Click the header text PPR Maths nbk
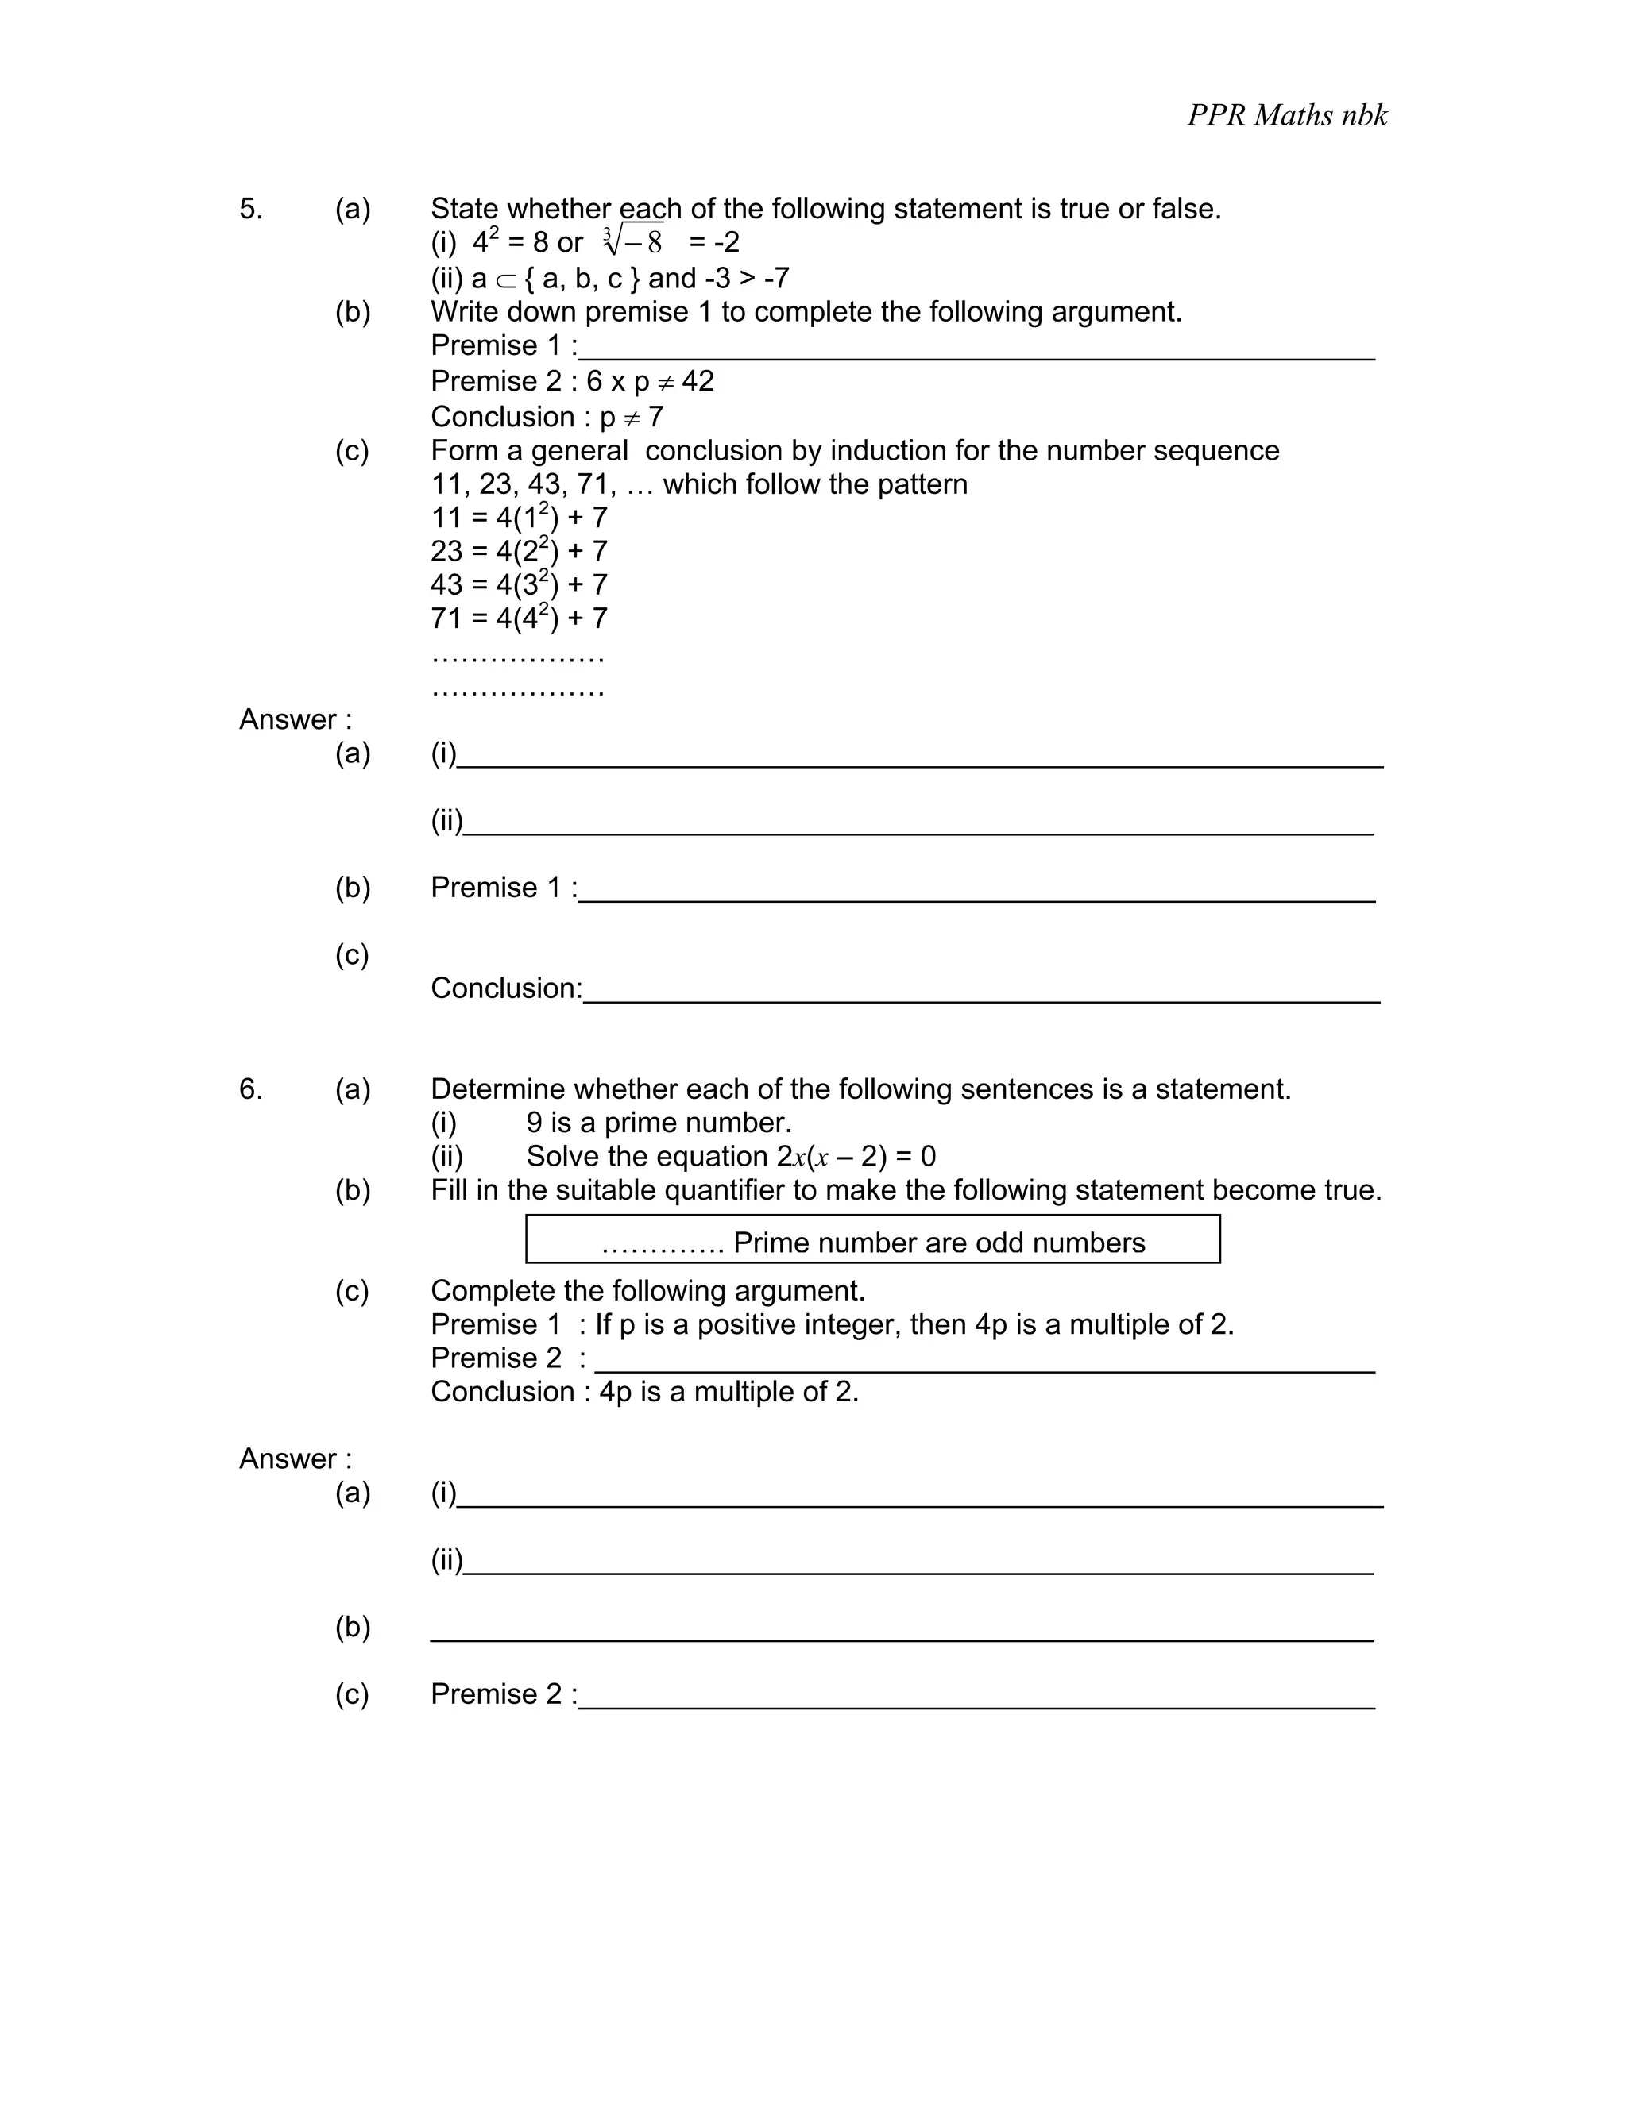pos(1286,116)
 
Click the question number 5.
pos(249,209)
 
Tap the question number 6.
pos(249,1089)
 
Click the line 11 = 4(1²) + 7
pos(519,518)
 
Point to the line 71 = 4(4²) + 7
pos(519,618)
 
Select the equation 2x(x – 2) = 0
pos(856,1156)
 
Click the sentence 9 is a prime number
pos(659,1123)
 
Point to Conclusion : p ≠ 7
pos(547,417)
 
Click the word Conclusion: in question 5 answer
pos(506,988)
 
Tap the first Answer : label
pos(295,719)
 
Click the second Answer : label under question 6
pos(295,1459)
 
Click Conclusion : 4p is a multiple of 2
pos(643,1392)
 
